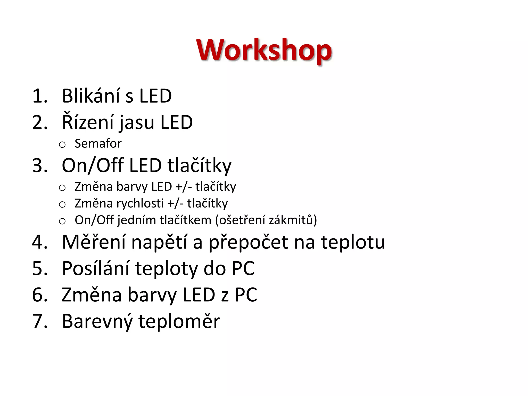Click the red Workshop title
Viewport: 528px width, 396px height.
264,50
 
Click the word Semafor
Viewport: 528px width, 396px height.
98,144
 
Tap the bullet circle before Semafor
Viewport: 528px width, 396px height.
62,145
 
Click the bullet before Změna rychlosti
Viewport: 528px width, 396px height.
62,205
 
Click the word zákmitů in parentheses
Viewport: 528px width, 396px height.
291,220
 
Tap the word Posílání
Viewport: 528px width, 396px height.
95,269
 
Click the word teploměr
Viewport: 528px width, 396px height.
179,322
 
